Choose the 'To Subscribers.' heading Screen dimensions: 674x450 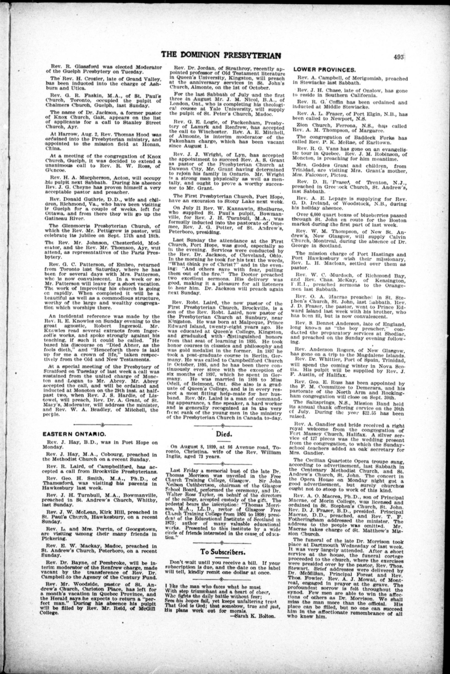coord(222,551)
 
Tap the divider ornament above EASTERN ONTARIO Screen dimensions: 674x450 coord(103,424)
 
